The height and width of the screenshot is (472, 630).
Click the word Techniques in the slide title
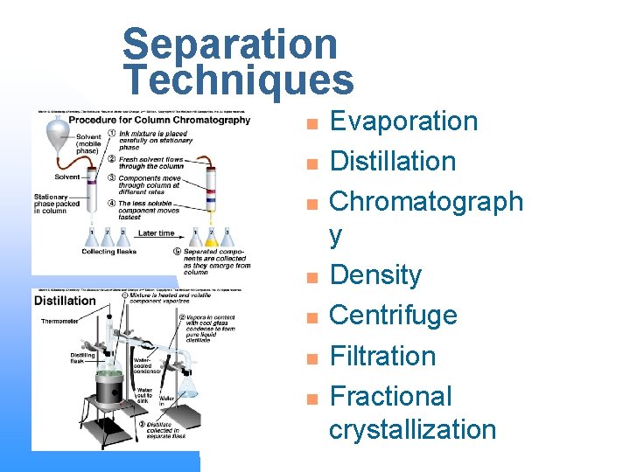(238, 80)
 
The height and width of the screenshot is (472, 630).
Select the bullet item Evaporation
(403, 121)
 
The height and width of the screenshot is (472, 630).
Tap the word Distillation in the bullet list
(392, 161)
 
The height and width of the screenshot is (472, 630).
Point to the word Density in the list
(375, 275)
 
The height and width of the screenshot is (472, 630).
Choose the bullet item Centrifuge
(393, 315)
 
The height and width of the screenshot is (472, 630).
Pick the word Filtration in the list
(382, 356)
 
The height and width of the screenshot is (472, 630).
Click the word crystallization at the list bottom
(412, 429)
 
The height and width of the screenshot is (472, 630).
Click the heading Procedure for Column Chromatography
(172, 121)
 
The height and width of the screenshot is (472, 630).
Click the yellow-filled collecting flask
(211, 238)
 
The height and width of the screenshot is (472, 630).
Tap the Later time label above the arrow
(155, 233)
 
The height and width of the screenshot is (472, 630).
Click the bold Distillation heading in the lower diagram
(65, 301)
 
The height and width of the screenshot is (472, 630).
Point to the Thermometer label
(59, 322)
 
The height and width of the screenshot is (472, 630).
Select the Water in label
(166, 399)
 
